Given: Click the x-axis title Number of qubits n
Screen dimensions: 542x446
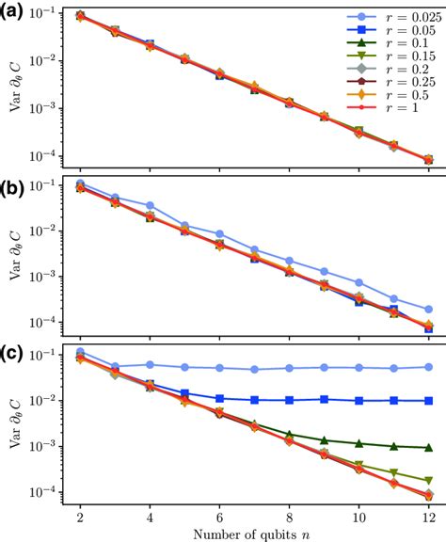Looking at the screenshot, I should pos(247,532).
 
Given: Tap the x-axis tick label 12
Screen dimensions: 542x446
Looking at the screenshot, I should pos(428,515).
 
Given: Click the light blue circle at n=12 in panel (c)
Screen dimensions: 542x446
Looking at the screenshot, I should pos(428,367).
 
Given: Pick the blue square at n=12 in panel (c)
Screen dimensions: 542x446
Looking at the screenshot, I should pos(428,401).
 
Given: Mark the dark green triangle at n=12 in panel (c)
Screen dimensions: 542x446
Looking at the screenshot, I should pos(428,448).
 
